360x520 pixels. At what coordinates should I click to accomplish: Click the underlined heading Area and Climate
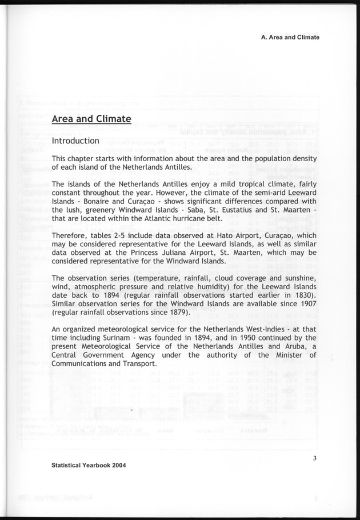pyautogui.click(x=91, y=119)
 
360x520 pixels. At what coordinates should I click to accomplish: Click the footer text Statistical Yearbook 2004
pyautogui.click(x=89, y=465)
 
